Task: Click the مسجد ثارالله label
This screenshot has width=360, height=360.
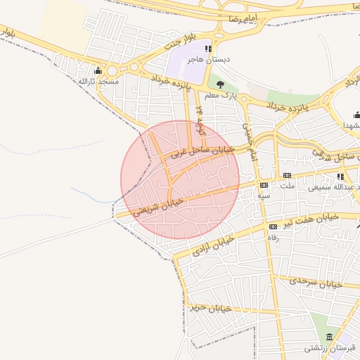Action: point(98,82)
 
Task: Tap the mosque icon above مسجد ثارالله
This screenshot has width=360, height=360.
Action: point(98,70)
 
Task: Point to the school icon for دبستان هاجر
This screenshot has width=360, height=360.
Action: point(207,49)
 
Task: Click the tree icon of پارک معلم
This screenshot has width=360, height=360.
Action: point(221,84)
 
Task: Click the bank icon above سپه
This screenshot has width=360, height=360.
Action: point(264,185)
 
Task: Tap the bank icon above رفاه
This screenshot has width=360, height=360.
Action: point(272,226)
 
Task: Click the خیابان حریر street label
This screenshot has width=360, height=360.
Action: point(210,307)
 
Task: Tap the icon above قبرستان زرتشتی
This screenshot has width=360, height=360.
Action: point(323,336)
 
